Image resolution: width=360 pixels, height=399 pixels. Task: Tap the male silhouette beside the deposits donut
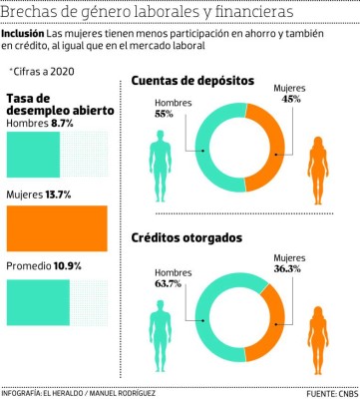click(162, 164)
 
